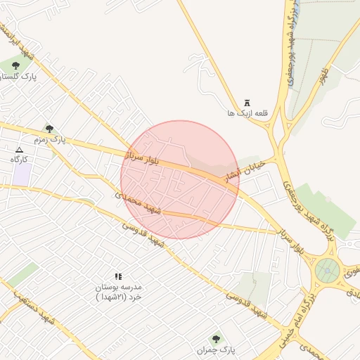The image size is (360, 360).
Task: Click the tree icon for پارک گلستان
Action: [16, 65]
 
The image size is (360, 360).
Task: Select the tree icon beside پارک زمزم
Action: [49, 128]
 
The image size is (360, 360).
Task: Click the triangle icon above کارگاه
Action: [20, 150]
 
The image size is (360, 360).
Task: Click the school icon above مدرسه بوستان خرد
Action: [118, 277]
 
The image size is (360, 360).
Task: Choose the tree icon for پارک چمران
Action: [215, 339]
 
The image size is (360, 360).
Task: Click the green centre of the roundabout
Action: [327, 269]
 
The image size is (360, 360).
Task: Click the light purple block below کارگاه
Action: [21, 176]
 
